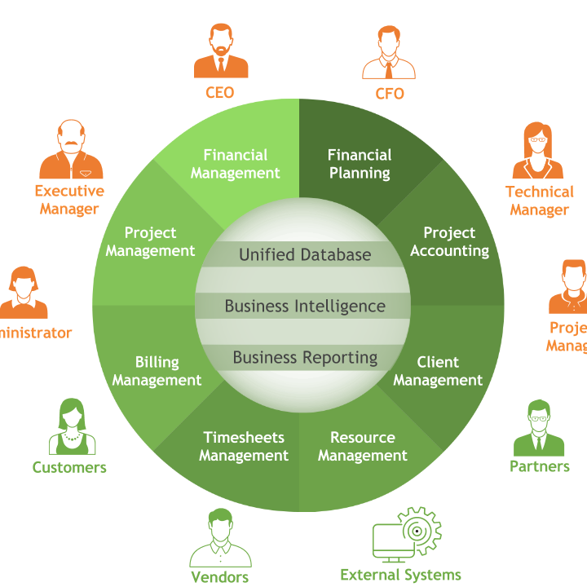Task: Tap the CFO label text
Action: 389,93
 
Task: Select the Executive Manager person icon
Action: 71,150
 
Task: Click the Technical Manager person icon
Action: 537,150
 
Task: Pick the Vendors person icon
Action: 220,537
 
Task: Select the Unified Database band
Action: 304,254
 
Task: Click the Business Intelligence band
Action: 304,307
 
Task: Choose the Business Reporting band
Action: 304,357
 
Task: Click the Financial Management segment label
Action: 235,164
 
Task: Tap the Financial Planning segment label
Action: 360,164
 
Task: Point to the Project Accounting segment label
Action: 449,242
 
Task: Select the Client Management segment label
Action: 438,371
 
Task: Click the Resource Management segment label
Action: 362,447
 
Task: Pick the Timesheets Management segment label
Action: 244,447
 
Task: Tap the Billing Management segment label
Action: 157,371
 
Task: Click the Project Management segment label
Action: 150,242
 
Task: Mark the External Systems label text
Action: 399,575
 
